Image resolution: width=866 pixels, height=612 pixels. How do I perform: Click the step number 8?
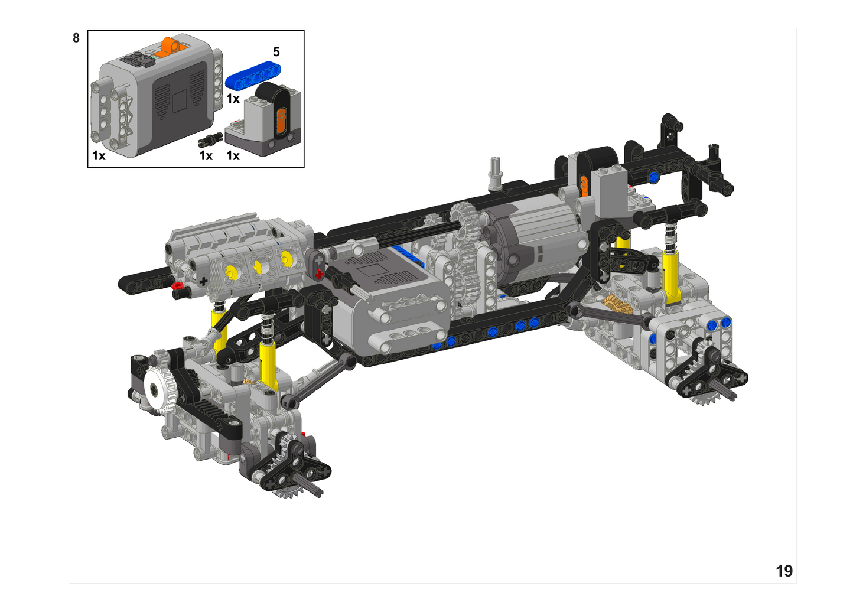tap(76, 38)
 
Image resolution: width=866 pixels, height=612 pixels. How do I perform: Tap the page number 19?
tap(784, 571)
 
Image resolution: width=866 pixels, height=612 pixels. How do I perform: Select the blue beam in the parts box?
tap(253, 74)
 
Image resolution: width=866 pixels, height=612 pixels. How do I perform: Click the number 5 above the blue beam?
tap(276, 51)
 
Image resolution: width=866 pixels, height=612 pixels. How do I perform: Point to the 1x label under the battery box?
tap(99, 156)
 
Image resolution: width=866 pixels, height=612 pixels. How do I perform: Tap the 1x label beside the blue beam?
tap(233, 99)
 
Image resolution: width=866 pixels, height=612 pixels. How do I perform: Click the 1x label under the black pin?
tap(206, 156)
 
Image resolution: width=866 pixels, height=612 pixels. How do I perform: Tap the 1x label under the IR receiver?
tap(233, 156)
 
